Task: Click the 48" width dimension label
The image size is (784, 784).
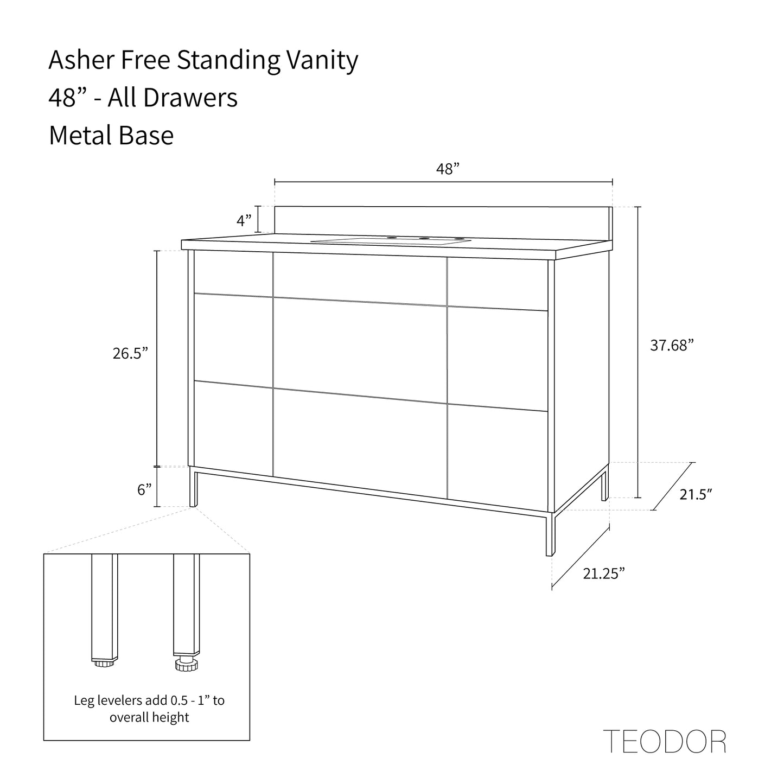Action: [448, 169]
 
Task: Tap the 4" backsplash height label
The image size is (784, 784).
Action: [244, 220]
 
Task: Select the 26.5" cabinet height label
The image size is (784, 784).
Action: [130, 353]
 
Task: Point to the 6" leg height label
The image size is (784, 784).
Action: [144, 490]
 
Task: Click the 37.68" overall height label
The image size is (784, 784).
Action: [672, 345]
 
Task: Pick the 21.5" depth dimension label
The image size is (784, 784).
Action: [696, 494]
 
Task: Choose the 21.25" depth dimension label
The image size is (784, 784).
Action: [604, 573]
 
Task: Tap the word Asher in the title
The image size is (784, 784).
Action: [81, 60]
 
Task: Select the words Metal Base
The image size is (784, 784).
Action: [111, 135]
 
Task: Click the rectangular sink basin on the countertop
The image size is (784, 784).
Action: [391, 241]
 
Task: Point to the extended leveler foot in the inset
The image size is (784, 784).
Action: [186, 665]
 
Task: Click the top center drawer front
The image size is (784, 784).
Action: [360, 279]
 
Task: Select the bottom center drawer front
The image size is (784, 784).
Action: [360, 443]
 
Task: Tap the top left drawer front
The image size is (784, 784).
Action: [233, 273]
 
